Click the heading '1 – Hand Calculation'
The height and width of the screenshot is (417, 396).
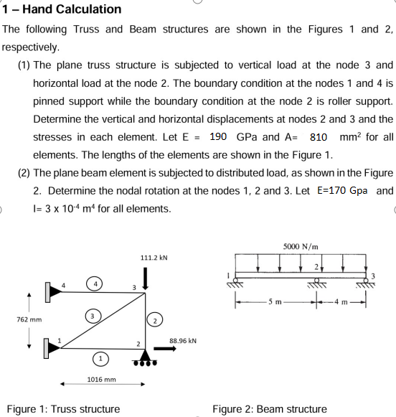point(62,9)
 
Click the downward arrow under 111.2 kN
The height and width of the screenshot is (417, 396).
point(146,276)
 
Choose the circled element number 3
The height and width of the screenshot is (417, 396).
point(92,315)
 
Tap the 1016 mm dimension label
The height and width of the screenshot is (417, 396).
point(101,378)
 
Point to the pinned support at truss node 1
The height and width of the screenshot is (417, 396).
point(52,350)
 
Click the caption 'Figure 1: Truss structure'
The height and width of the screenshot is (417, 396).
point(63,409)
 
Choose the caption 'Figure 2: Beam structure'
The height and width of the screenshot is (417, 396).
point(269,409)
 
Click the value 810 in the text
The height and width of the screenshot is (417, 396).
point(319,136)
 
